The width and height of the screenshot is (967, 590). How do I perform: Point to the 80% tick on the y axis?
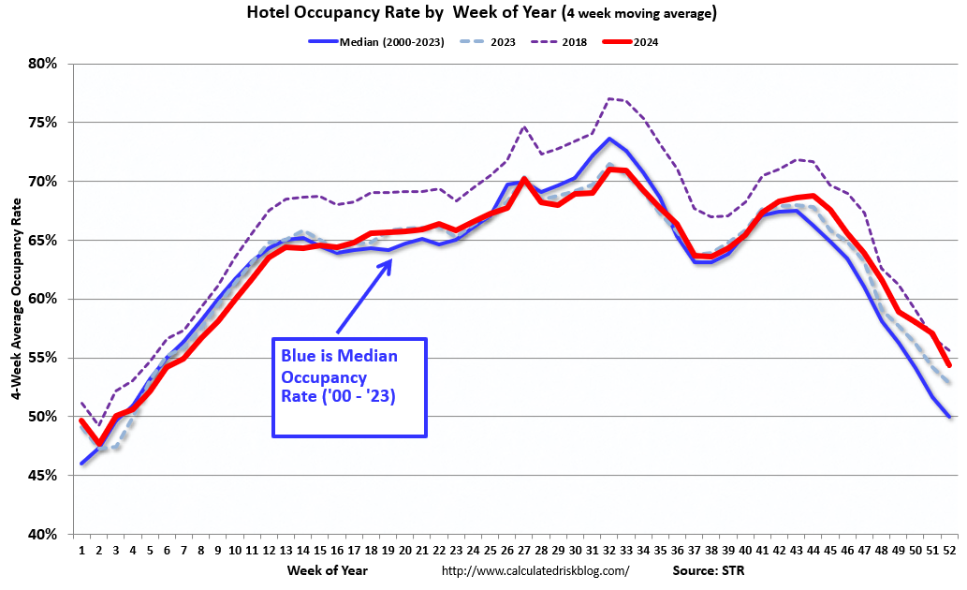[x=43, y=64]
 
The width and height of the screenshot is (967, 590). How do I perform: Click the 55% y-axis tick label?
[x=43, y=358]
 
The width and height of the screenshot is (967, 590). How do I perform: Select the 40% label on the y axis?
[x=43, y=534]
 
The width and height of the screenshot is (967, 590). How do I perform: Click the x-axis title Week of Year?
[x=328, y=569]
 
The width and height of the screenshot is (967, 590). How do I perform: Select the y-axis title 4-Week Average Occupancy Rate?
[x=17, y=298]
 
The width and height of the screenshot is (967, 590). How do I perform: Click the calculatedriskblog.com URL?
[x=535, y=569]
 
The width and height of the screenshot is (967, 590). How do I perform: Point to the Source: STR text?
[x=706, y=569]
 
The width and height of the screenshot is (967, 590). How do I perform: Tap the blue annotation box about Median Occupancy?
[x=349, y=387]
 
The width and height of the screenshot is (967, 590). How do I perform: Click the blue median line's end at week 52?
[x=949, y=417]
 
